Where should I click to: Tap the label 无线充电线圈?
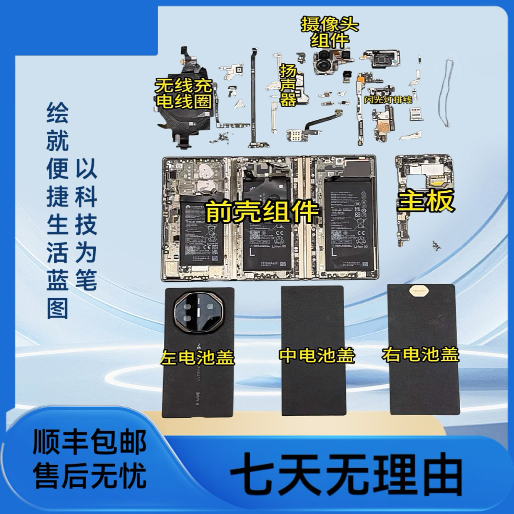point(183,94)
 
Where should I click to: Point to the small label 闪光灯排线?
point(389,100)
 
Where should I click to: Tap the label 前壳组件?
point(262,211)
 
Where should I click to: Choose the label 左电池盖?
point(197,357)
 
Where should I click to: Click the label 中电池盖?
point(317,355)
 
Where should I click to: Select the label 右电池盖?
point(420,355)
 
